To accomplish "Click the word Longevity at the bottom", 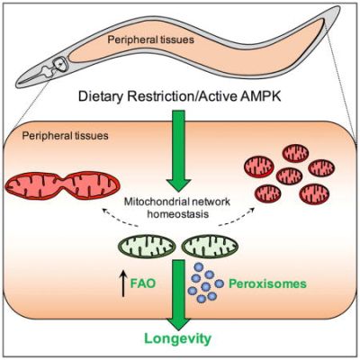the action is coord(178,339).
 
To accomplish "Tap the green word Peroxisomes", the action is coord(267,283).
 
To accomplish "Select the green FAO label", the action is coord(143,283).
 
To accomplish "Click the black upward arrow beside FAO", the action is coord(123,283).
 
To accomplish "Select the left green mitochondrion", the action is coord(147,247).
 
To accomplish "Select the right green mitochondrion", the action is coord(210,247).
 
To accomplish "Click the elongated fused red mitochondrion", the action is coord(61,186).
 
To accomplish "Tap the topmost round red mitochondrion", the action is coord(295,153).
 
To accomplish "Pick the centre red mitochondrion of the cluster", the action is coord(289,175).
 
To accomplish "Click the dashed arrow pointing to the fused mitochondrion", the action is coord(119,218).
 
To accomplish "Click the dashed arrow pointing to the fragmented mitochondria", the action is coord(237,217).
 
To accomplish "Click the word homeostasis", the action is coord(178,214).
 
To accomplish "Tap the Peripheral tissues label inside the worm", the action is coord(151,40).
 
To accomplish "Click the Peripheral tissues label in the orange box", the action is coord(65,136).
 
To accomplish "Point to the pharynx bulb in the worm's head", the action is coord(59,64).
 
